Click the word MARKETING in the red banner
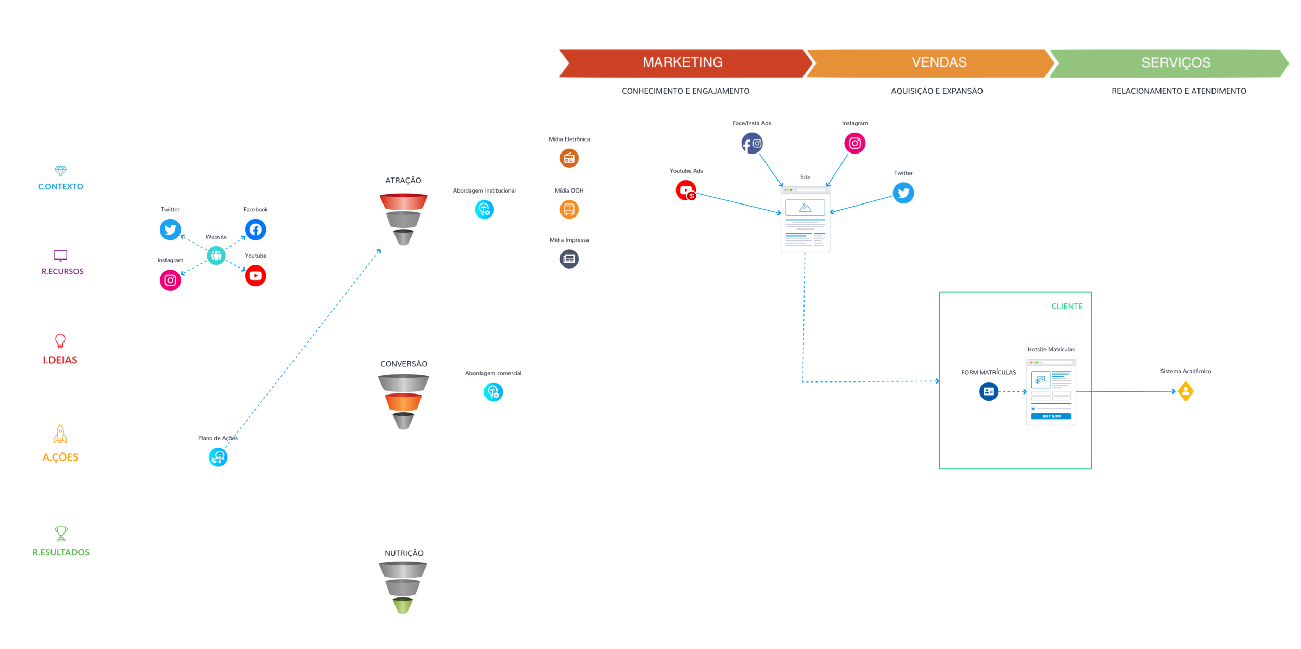682,62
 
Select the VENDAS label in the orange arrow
939,62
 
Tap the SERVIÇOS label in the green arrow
1176,63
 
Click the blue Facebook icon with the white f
256,230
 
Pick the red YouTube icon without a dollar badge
256,276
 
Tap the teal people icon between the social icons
216,256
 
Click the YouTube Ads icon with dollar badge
686,190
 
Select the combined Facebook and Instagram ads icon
752,143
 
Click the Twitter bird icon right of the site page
903,193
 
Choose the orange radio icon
569,158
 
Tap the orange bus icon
569,210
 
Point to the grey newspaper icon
569,259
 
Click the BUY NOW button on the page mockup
1051,416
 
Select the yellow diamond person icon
1185,391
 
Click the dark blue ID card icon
988,391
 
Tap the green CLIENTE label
1067,307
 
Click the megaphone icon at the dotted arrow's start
218,457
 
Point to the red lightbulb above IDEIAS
60,341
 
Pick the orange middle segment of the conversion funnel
403,402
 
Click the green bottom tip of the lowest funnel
402,606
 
